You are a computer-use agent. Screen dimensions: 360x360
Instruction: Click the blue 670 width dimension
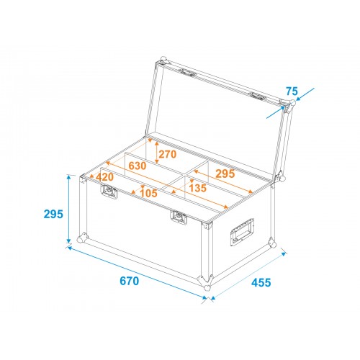[x=130, y=281]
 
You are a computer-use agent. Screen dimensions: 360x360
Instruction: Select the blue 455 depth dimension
[x=261, y=282]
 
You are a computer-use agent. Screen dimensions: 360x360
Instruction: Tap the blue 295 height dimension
[x=53, y=214]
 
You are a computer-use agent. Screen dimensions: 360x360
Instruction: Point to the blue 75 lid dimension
[x=292, y=91]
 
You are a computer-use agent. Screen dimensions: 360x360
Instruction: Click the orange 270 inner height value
[x=168, y=154]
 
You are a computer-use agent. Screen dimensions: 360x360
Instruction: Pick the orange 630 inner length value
[x=138, y=166]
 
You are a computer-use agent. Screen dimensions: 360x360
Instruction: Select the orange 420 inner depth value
[x=104, y=177]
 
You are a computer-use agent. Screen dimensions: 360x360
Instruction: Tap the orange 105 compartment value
[x=148, y=193]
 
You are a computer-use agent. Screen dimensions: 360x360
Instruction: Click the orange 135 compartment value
[x=197, y=188]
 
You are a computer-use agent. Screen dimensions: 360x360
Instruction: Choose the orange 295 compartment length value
[x=225, y=174]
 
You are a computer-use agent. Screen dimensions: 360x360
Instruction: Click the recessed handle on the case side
[x=242, y=232]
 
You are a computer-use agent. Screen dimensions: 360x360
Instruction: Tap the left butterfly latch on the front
[x=109, y=192]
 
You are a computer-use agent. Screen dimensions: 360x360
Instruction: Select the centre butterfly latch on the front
[x=179, y=217]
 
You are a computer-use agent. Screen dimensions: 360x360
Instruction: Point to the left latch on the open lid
[x=188, y=73]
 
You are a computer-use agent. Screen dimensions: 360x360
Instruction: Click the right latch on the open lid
[x=258, y=96]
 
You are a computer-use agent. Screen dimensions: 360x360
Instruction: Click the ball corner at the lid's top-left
[x=163, y=60]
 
